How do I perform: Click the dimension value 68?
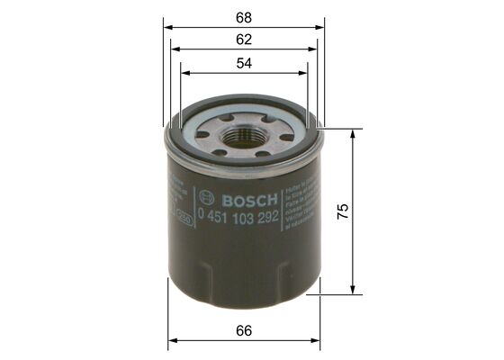(x=244, y=15)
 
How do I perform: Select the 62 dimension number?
(x=244, y=39)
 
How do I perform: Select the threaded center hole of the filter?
(x=244, y=137)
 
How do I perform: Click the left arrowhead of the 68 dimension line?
(x=167, y=27)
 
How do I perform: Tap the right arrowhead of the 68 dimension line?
(x=319, y=27)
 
